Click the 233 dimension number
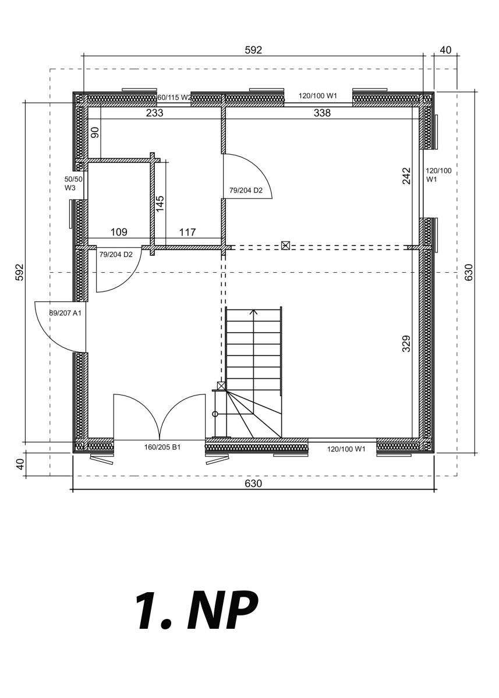coord(155,113)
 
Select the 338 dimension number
coord(322,113)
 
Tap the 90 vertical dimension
coord(95,133)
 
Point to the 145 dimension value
coord(160,204)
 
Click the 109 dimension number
coord(119,232)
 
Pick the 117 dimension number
coord(187,232)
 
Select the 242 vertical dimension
coord(407,176)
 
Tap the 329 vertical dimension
coord(406,344)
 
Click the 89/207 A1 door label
coord(65,313)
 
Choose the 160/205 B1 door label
coord(162,447)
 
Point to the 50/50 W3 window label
coord(73,184)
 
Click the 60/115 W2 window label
coord(174,98)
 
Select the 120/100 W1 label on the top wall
coord(318,95)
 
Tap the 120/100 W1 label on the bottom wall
coord(346,449)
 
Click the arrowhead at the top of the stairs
coord(254,312)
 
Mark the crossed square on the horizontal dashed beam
coord(285,245)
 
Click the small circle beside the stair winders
coord(215,414)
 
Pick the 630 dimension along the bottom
coord(253,483)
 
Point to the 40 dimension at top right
coord(446,50)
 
